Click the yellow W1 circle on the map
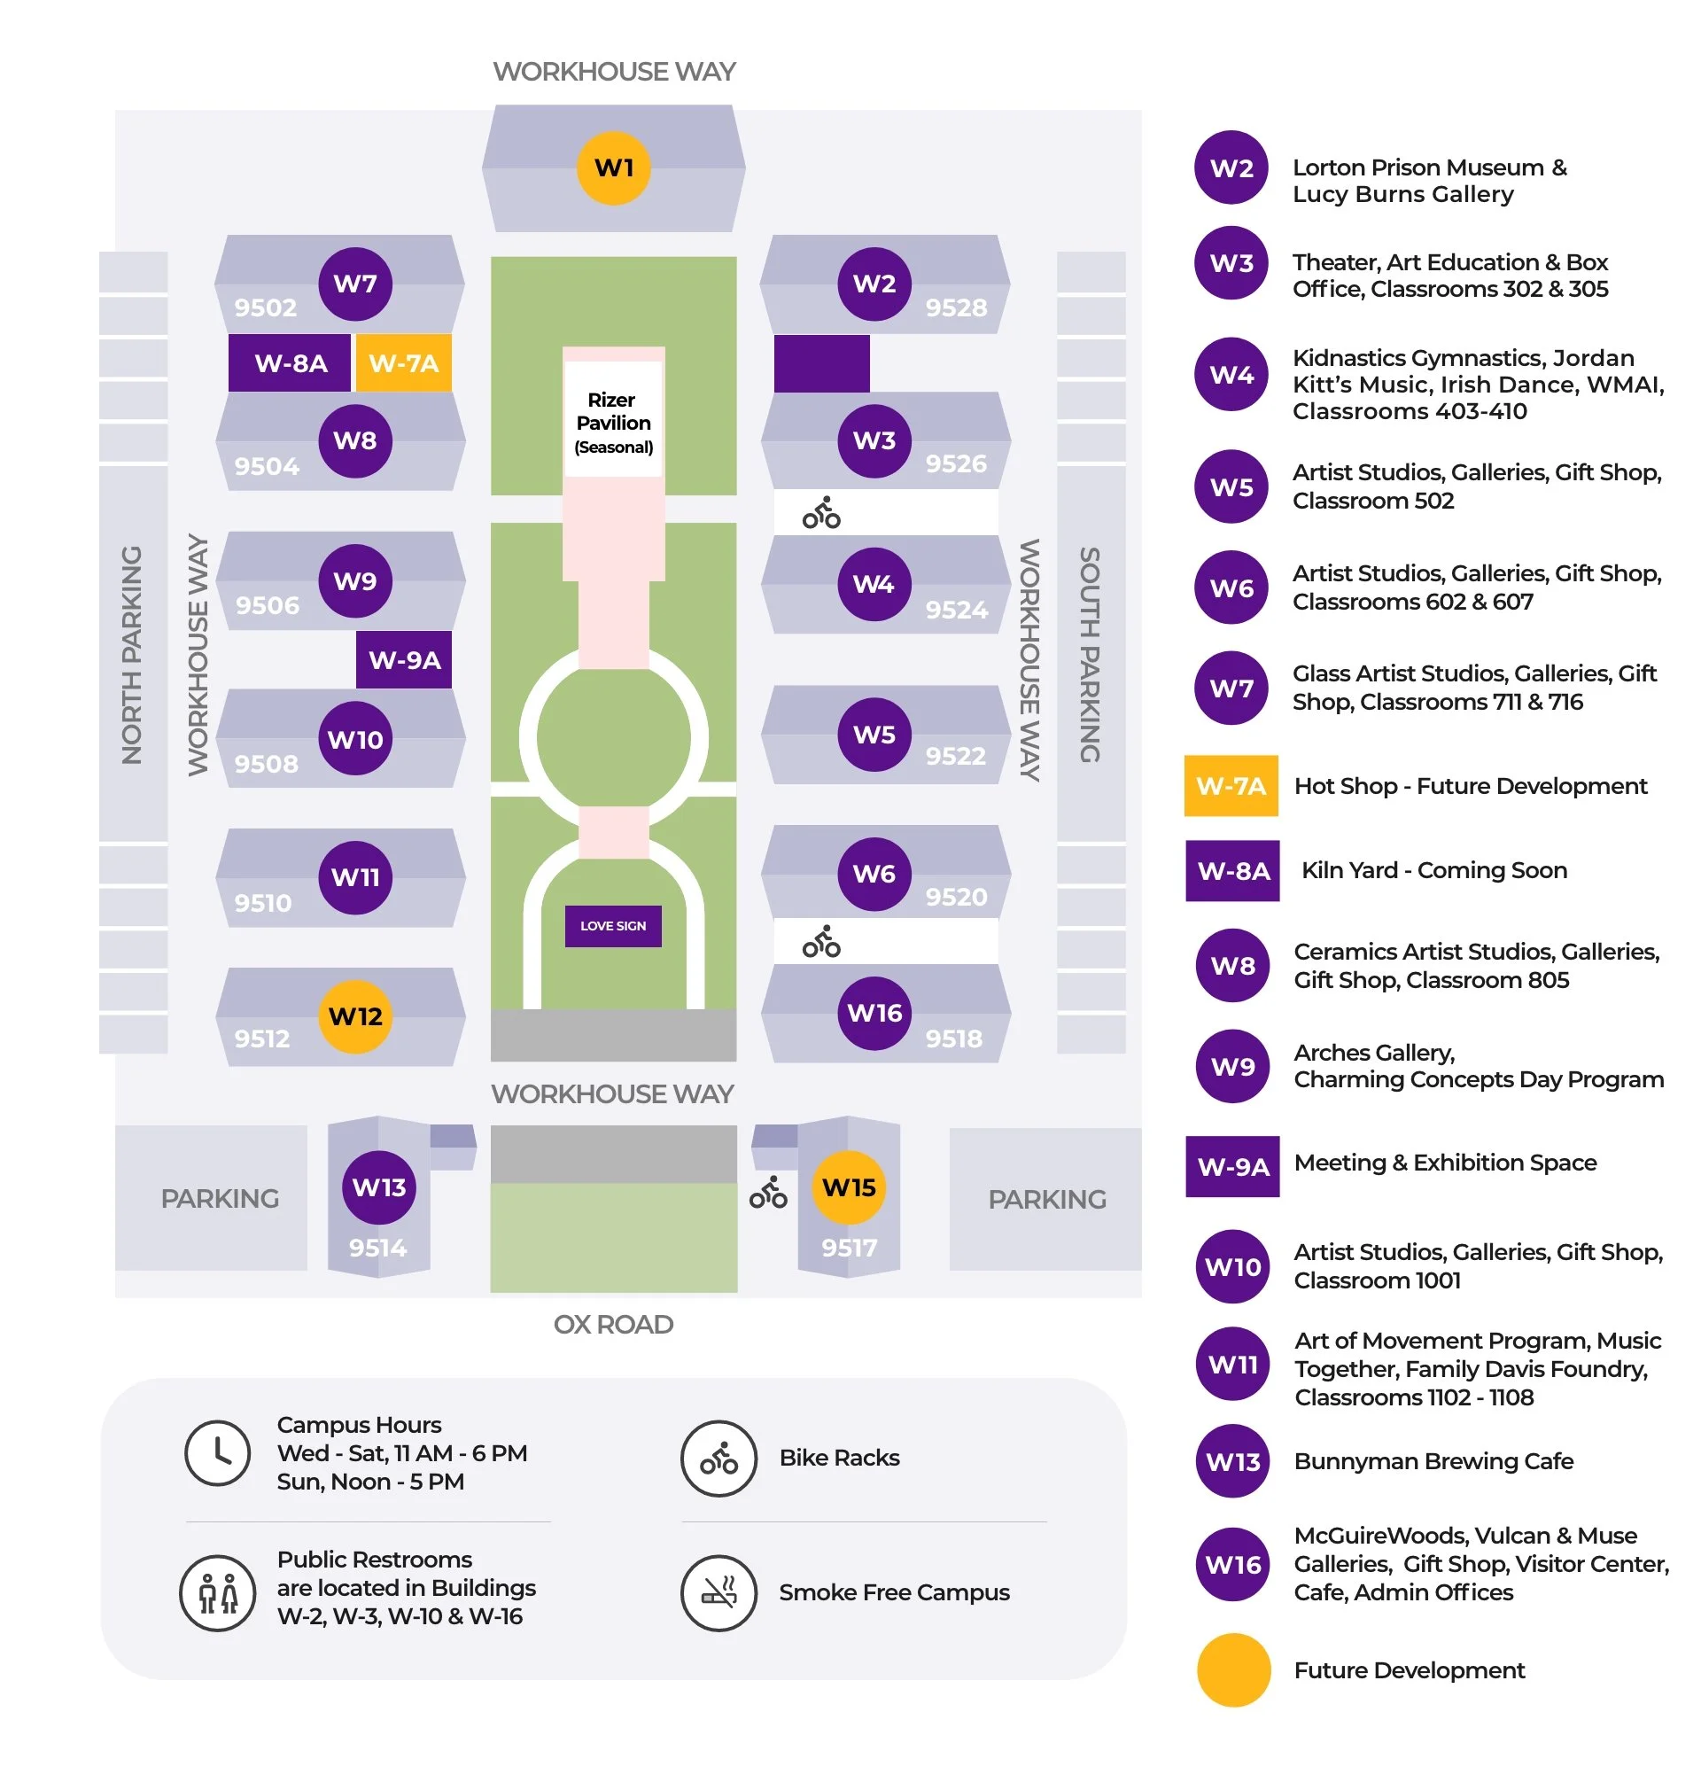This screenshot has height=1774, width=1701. [613, 168]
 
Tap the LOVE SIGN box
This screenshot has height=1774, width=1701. [612, 925]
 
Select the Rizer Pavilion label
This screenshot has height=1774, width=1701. [613, 422]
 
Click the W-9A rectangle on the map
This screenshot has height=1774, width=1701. [403, 659]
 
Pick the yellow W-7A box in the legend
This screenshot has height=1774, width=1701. [1230, 785]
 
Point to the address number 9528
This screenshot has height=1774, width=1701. [954, 307]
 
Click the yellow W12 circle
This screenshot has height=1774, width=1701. [354, 1015]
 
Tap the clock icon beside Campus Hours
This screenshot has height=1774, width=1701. [217, 1451]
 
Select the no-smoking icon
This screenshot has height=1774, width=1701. [718, 1592]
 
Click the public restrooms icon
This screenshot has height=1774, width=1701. [217, 1592]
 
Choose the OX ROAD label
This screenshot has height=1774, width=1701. [612, 1323]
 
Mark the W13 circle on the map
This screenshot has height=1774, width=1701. [378, 1186]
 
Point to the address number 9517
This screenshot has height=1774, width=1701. [848, 1248]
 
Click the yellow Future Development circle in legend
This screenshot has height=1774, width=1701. [1232, 1669]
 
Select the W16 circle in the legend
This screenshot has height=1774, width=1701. [1232, 1563]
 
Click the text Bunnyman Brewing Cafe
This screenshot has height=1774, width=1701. [1433, 1460]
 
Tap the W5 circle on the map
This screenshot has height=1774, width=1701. [874, 734]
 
